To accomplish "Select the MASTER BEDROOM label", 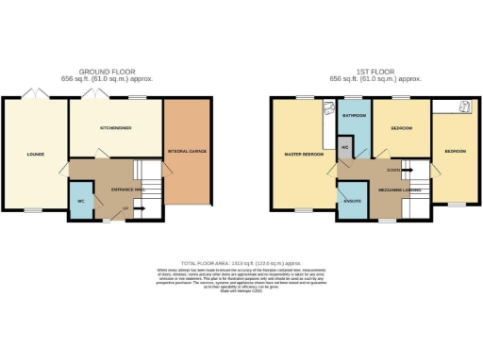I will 305,153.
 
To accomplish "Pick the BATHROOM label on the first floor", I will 354,115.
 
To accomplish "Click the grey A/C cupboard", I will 346,148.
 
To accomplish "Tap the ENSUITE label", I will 353,201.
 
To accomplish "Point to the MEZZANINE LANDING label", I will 401,189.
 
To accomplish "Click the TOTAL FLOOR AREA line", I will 241,262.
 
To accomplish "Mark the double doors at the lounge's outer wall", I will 33,94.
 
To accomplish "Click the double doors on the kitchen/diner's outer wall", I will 94,94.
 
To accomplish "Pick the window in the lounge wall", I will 33,209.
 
